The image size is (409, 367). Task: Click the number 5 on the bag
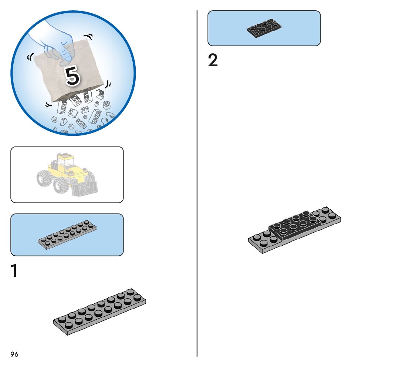coord(72,75)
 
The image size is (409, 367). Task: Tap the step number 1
coord(14,270)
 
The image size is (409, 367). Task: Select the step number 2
coord(213,61)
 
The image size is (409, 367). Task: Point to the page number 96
coord(14,354)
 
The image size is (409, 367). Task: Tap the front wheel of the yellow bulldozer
coord(60,184)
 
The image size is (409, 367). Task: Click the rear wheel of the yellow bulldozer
coord(44,177)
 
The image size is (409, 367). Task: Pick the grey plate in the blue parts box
coord(67,235)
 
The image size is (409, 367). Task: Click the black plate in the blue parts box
coord(264,28)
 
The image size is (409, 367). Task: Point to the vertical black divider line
coord(197,185)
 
